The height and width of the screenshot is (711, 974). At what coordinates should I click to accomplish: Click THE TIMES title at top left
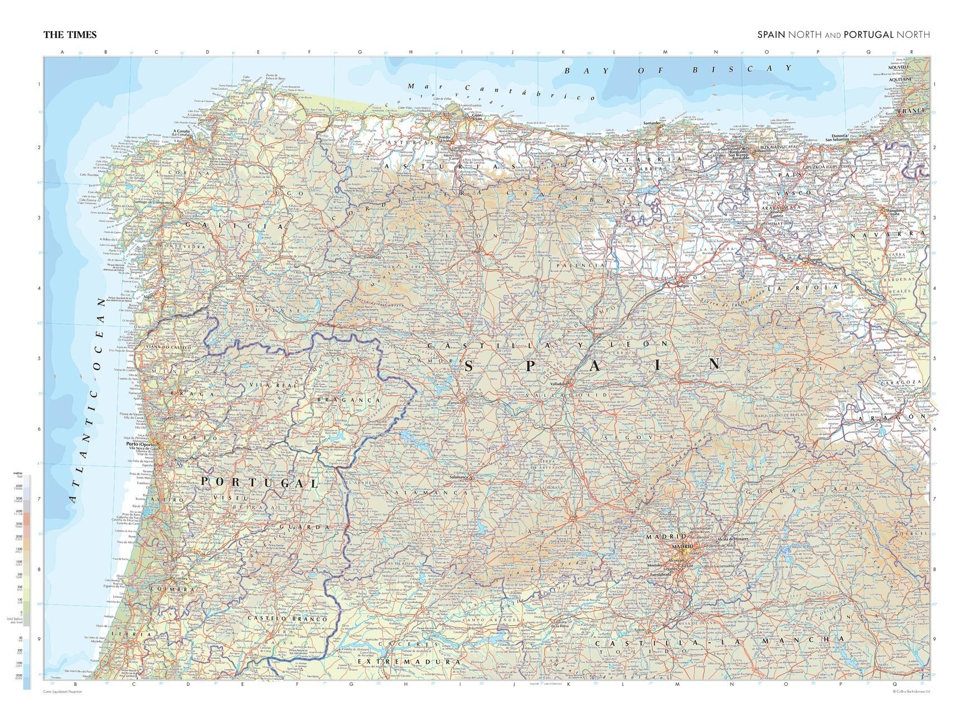70,35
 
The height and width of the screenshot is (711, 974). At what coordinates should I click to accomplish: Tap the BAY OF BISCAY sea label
677,70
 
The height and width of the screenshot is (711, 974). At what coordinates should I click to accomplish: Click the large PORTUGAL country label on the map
259,482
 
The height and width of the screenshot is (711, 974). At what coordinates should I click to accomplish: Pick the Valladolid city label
559,384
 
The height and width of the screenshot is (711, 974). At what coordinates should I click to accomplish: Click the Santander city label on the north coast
651,123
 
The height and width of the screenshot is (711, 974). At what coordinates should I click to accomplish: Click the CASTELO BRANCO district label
287,619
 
